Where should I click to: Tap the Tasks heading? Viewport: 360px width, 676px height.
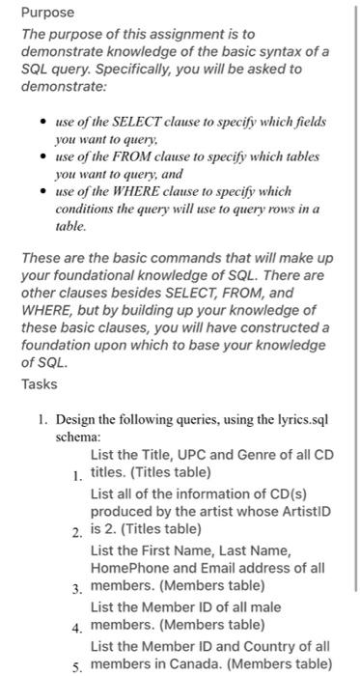coord(40,384)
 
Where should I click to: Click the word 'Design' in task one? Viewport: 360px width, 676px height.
coord(75,419)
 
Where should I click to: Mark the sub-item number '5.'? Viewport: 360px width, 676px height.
coord(77,666)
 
